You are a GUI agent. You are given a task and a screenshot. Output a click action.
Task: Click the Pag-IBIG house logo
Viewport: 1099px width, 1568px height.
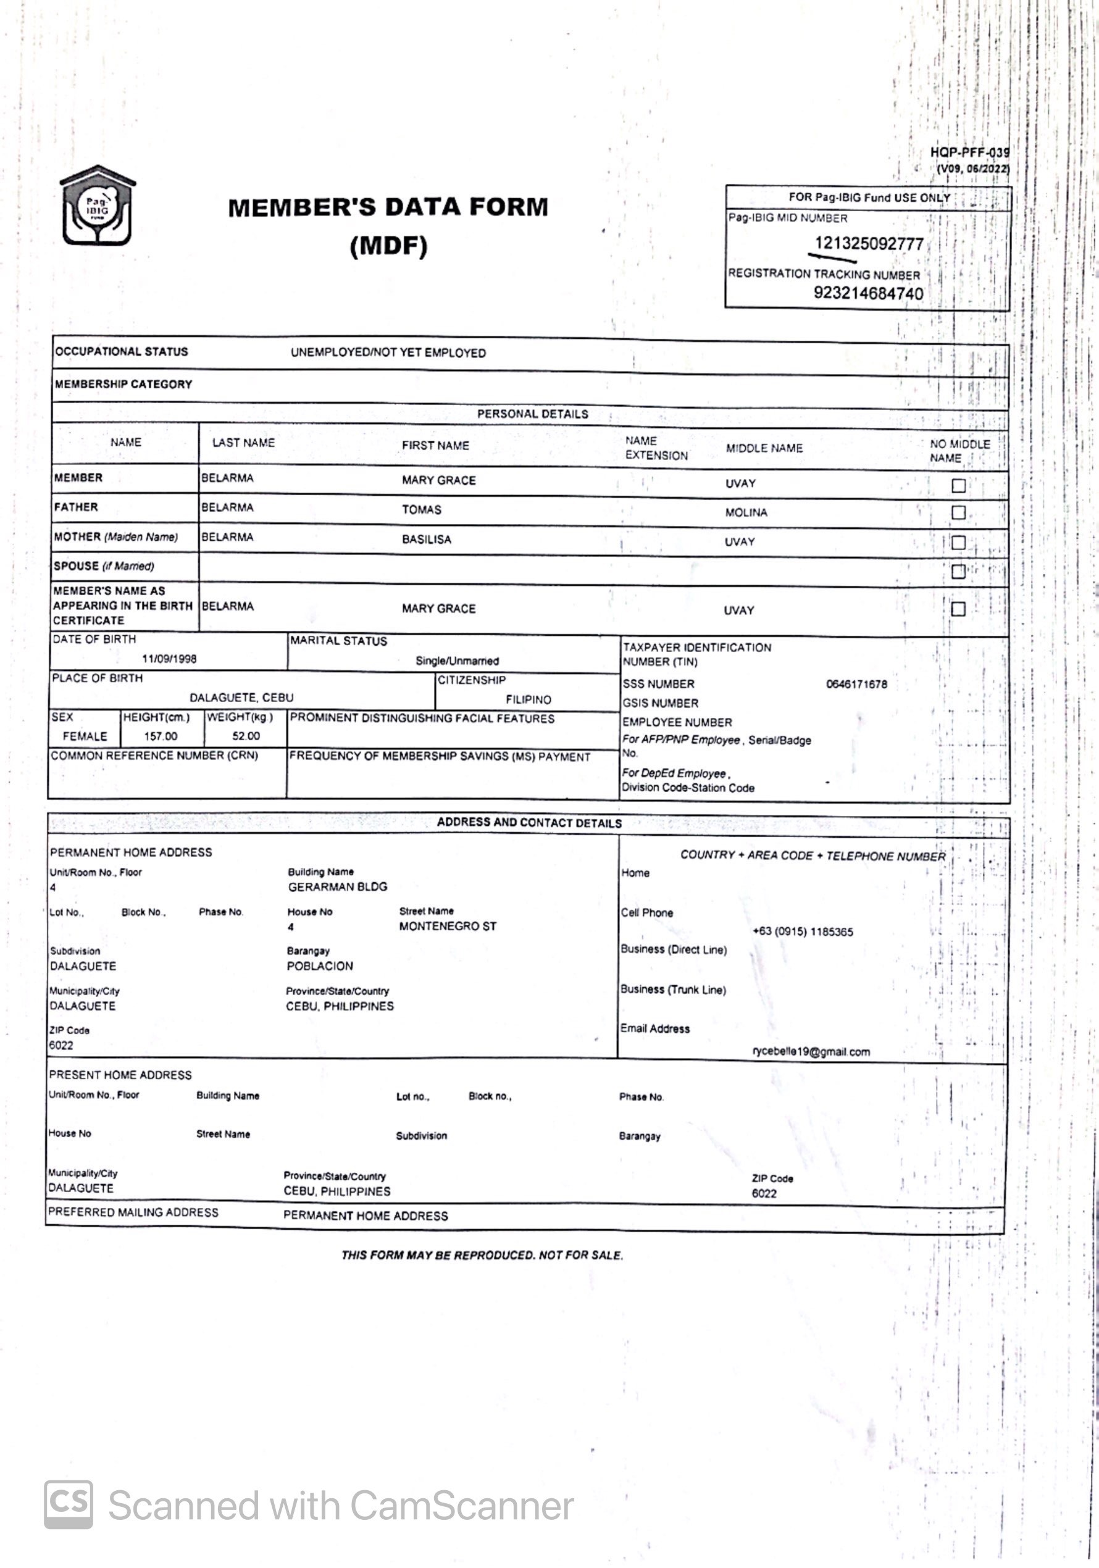pyautogui.click(x=97, y=206)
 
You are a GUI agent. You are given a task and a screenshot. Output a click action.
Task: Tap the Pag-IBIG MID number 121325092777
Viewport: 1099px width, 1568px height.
pyautogui.click(x=868, y=244)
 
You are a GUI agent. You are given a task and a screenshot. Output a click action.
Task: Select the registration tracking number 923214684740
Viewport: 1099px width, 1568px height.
pyautogui.click(x=867, y=294)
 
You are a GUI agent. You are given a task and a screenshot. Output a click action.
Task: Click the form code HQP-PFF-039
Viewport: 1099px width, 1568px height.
pyautogui.click(x=969, y=152)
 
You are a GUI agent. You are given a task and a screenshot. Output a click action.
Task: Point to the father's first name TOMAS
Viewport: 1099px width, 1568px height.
pyautogui.click(x=422, y=509)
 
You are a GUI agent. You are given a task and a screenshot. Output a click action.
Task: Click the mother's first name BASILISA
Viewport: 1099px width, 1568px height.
pyautogui.click(x=426, y=540)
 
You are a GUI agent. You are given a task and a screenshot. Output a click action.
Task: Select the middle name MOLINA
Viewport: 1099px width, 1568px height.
pyautogui.click(x=746, y=512)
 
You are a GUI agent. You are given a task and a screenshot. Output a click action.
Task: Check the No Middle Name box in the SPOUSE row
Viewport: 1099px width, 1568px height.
pyautogui.click(x=958, y=571)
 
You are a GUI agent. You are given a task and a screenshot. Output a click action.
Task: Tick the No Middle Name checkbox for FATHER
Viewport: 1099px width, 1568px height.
pyautogui.click(x=958, y=512)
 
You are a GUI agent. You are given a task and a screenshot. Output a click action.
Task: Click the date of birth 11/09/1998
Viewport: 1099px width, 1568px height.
pyautogui.click(x=169, y=659)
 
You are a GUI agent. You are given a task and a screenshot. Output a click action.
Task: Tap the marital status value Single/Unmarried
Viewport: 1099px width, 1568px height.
pyautogui.click(x=457, y=661)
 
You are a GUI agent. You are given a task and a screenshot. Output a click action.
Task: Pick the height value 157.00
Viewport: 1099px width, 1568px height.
pyautogui.click(x=161, y=736)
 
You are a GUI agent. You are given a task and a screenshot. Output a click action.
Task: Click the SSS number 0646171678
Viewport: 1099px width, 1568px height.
pyautogui.click(x=856, y=683)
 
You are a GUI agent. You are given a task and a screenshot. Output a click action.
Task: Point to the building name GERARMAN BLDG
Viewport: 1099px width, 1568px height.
pyautogui.click(x=338, y=886)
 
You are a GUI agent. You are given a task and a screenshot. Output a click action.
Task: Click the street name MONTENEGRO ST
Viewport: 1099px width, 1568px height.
pyautogui.click(x=448, y=926)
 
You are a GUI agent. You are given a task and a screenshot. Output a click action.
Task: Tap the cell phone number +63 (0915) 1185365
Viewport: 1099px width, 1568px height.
pyautogui.click(x=803, y=932)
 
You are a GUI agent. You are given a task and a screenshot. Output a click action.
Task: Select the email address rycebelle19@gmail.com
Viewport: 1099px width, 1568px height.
pyautogui.click(x=811, y=1052)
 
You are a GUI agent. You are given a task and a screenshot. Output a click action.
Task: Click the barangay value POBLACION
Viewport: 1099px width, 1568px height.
pyautogui.click(x=320, y=965)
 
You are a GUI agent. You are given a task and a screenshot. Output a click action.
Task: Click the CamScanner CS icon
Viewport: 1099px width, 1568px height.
pyautogui.click(x=69, y=1504)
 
